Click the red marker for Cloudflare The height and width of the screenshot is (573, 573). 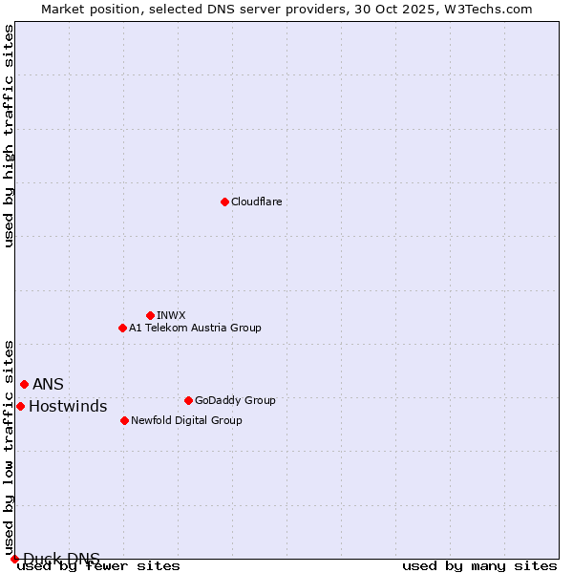[224, 202]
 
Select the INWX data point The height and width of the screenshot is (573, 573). [150, 315]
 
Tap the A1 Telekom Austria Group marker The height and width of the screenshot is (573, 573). [122, 328]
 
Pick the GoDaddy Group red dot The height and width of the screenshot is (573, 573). [188, 400]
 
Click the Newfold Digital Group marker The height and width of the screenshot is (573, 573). [124, 420]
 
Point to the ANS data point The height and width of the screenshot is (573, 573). [24, 384]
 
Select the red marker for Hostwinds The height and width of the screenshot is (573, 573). [20, 406]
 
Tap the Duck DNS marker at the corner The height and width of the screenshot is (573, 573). [14, 559]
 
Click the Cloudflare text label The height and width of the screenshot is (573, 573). [256, 202]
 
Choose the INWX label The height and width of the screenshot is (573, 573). [171, 315]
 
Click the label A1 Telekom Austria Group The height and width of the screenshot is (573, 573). [195, 328]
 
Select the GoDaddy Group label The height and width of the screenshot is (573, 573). [235, 400]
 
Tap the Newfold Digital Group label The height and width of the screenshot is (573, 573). [186, 420]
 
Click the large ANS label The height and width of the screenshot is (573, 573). [48, 384]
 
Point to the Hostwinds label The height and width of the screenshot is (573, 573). [68, 407]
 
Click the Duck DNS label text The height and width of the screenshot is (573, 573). [61, 559]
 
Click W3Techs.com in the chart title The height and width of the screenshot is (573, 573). [499, 9]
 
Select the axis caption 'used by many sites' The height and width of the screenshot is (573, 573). [479, 566]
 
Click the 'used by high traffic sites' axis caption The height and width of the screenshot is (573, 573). [9, 136]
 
